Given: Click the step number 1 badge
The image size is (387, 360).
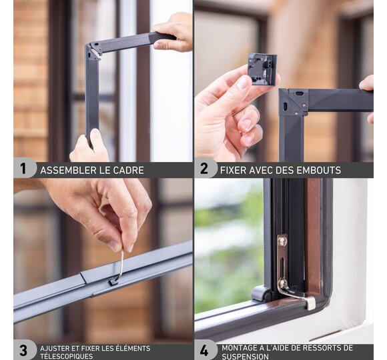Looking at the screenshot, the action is [23, 169].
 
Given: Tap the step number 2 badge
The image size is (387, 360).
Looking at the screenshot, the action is [204, 169].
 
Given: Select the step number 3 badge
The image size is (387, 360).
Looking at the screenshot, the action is [23, 350].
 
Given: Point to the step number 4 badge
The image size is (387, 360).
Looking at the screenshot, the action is [204, 350].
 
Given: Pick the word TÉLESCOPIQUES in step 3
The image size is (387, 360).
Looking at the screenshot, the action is [67, 357].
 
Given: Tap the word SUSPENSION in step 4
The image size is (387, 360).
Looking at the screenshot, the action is [245, 357].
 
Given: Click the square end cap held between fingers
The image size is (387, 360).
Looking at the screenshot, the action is [262, 69].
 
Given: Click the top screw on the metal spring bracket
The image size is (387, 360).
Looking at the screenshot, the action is [283, 241].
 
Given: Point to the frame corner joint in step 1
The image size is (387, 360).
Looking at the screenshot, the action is [94, 51].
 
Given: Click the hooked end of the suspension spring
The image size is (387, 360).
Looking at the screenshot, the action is [310, 303].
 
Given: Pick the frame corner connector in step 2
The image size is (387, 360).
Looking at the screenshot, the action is [294, 102].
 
